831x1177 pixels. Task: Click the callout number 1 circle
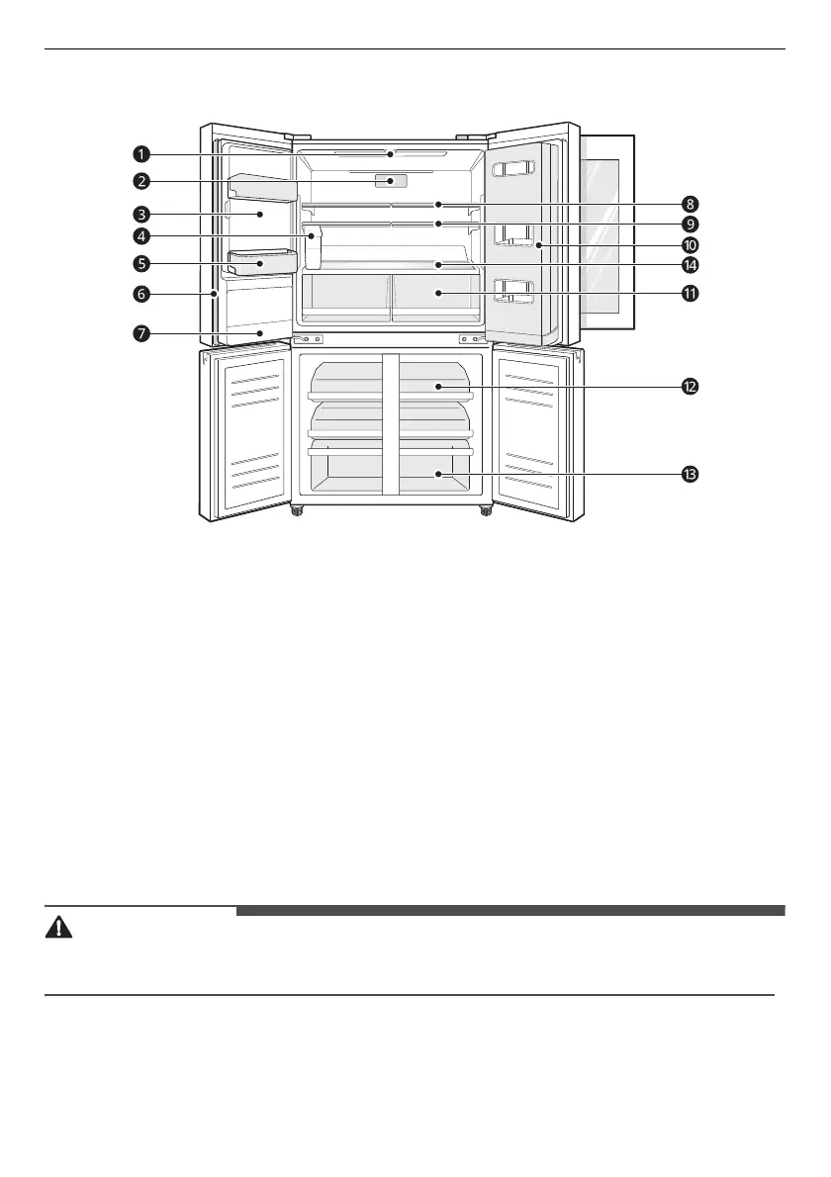pos(142,154)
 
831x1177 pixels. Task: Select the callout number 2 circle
pos(142,181)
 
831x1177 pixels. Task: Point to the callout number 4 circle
pos(142,236)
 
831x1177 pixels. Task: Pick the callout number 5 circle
pos(142,264)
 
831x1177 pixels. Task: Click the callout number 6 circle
pos(142,294)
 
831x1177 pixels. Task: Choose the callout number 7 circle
pos(142,333)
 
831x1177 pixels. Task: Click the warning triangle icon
pos(59,927)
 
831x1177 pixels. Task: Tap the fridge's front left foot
pos(296,512)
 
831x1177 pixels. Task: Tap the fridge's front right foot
pos(486,512)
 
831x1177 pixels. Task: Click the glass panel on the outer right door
pos(605,229)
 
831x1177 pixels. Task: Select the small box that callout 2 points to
pos(391,181)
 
